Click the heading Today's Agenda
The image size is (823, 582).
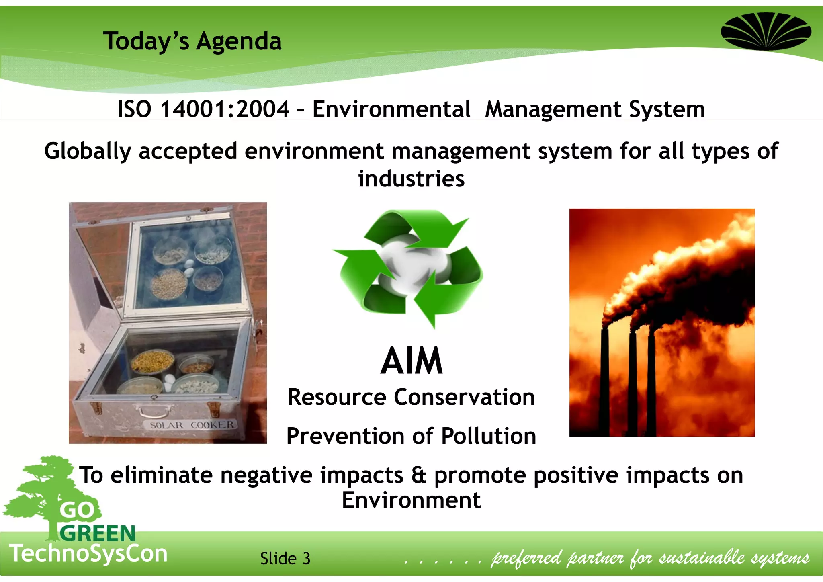(x=192, y=41)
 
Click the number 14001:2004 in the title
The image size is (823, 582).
(x=225, y=109)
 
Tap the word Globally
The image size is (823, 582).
(x=88, y=152)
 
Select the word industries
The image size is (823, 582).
(x=411, y=179)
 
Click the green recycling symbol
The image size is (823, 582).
(x=409, y=268)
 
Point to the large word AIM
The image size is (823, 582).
(x=411, y=361)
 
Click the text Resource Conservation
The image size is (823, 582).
(x=411, y=397)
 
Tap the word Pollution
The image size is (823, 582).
(x=489, y=436)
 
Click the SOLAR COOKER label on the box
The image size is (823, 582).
(x=191, y=425)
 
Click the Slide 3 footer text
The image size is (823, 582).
(x=285, y=558)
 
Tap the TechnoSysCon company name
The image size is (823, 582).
(x=88, y=553)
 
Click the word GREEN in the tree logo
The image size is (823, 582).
(x=98, y=533)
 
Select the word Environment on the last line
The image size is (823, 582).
(x=411, y=500)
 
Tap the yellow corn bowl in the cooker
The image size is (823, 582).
(x=152, y=361)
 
